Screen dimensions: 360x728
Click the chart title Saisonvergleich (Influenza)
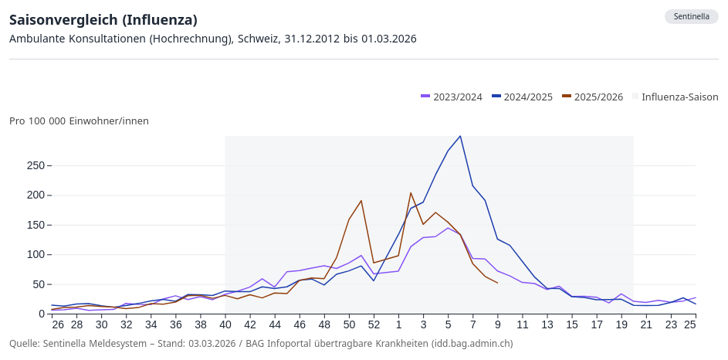(x=103, y=19)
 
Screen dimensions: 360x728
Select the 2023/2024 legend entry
(x=452, y=97)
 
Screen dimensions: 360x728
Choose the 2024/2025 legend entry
(x=523, y=97)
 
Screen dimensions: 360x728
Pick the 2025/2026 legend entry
(x=593, y=97)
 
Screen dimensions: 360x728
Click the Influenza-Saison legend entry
(x=675, y=97)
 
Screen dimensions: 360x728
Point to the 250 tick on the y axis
(x=36, y=165)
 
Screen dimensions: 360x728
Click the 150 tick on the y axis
(x=36, y=225)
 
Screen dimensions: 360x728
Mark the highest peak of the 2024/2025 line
(x=460, y=136)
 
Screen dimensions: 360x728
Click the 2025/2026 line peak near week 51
(x=361, y=201)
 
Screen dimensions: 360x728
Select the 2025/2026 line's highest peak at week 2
(x=411, y=192)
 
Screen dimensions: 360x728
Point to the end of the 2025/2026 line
(x=497, y=284)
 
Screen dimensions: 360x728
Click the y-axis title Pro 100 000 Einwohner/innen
(x=79, y=121)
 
